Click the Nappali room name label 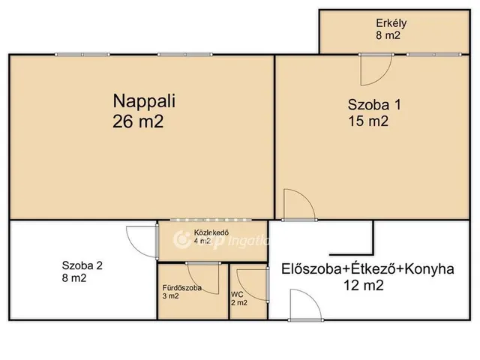coord(142,99)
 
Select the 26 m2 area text coord(138,120)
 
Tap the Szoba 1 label coord(373,105)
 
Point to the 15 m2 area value coord(368,122)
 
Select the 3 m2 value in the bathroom coord(170,296)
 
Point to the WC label coord(237,294)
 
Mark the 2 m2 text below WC coord(238,304)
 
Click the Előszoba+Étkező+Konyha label coord(367,269)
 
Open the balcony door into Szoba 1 coord(374,70)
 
